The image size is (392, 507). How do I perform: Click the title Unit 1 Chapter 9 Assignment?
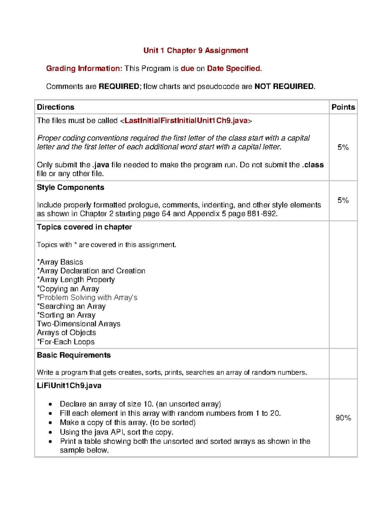tap(196, 51)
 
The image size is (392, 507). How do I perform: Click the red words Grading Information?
tap(84, 69)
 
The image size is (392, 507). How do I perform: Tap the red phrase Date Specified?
tap(234, 69)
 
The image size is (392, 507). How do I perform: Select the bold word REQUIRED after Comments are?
tap(119, 87)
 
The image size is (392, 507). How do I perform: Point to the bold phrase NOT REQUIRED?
tap(284, 87)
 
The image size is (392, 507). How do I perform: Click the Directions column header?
tap(56, 107)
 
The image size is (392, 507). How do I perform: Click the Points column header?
tap(343, 107)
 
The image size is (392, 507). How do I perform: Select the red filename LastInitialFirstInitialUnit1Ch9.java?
tap(186, 121)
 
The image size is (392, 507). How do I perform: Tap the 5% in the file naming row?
tap(343, 147)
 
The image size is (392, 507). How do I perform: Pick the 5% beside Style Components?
tap(343, 200)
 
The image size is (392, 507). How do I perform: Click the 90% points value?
tap(343, 418)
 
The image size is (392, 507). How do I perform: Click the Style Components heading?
tap(71, 187)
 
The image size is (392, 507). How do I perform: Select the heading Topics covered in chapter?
tap(84, 227)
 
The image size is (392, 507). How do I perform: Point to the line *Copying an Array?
tap(68, 289)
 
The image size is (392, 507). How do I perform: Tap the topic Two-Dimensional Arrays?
tap(78, 324)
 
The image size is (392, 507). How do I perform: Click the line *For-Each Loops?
tap(66, 342)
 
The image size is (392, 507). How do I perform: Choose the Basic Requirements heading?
tap(74, 355)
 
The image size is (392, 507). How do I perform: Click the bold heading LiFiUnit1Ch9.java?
tap(69, 386)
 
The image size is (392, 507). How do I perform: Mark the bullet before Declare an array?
tap(50, 404)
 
